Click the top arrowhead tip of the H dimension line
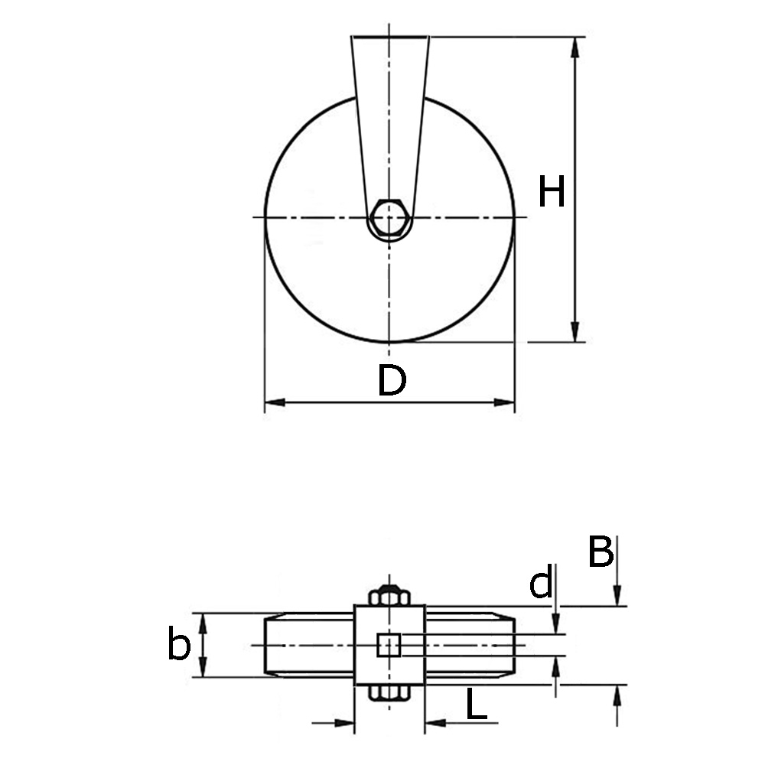click(576, 37)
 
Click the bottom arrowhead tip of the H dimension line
click(576, 341)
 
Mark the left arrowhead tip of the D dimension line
click(265, 402)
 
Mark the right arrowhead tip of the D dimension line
click(515, 402)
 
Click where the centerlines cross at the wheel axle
click(389, 217)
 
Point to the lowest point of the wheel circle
click(389, 341)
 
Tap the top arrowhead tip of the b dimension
click(203, 614)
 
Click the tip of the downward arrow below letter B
click(617, 606)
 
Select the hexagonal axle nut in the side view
click(389, 218)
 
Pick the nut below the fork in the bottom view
click(389, 693)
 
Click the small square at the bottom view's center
click(389, 645)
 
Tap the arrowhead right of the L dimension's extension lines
click(425, 723)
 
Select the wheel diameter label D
click(392, 380)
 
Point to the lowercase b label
click(178, 643)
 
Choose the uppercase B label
click(601, 552)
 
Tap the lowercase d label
click(541, 582)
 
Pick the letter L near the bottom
click(477, 704)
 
